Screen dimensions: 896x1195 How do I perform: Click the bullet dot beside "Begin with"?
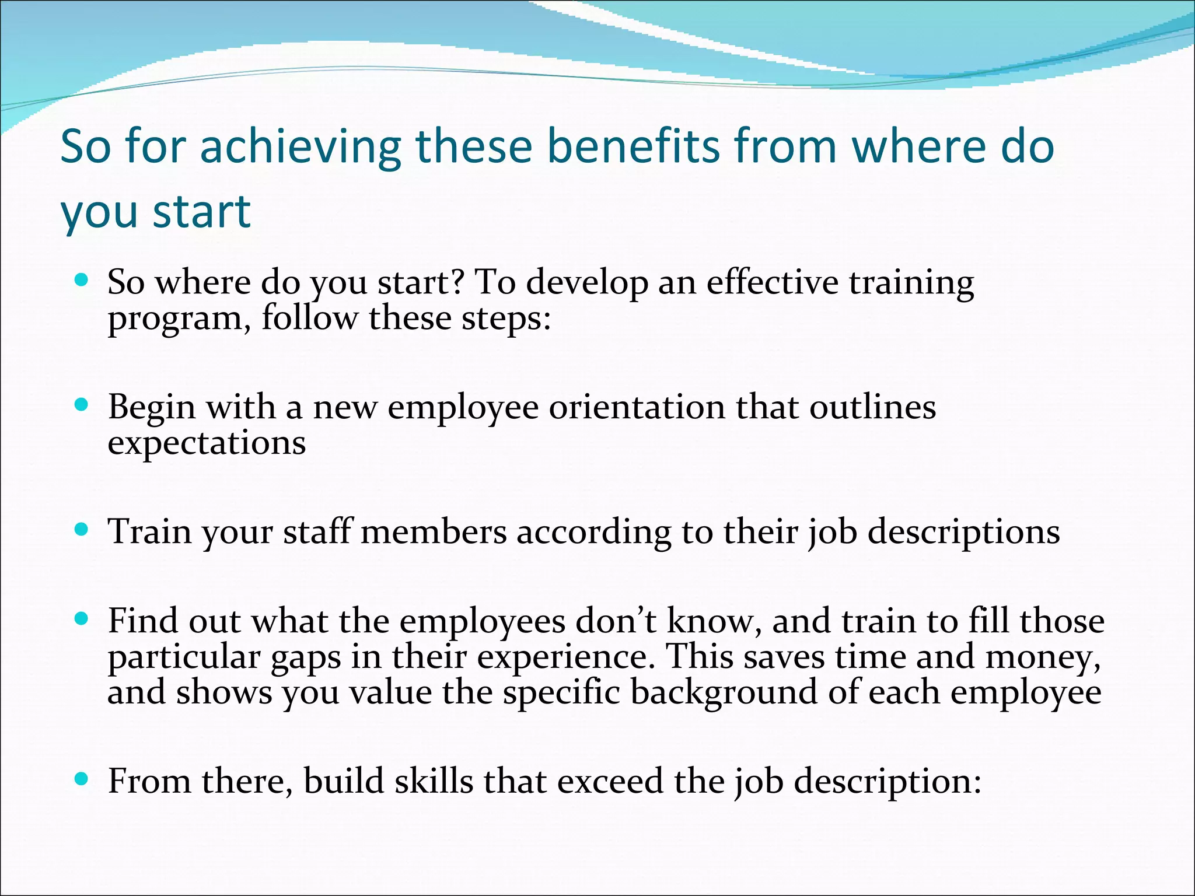coord(82,404)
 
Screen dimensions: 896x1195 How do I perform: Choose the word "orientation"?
coord(637,407)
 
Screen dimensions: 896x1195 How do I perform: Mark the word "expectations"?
coord(207,443)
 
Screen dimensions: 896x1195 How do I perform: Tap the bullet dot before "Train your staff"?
coord(82,530)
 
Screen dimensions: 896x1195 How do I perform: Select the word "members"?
coord(434,532)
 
